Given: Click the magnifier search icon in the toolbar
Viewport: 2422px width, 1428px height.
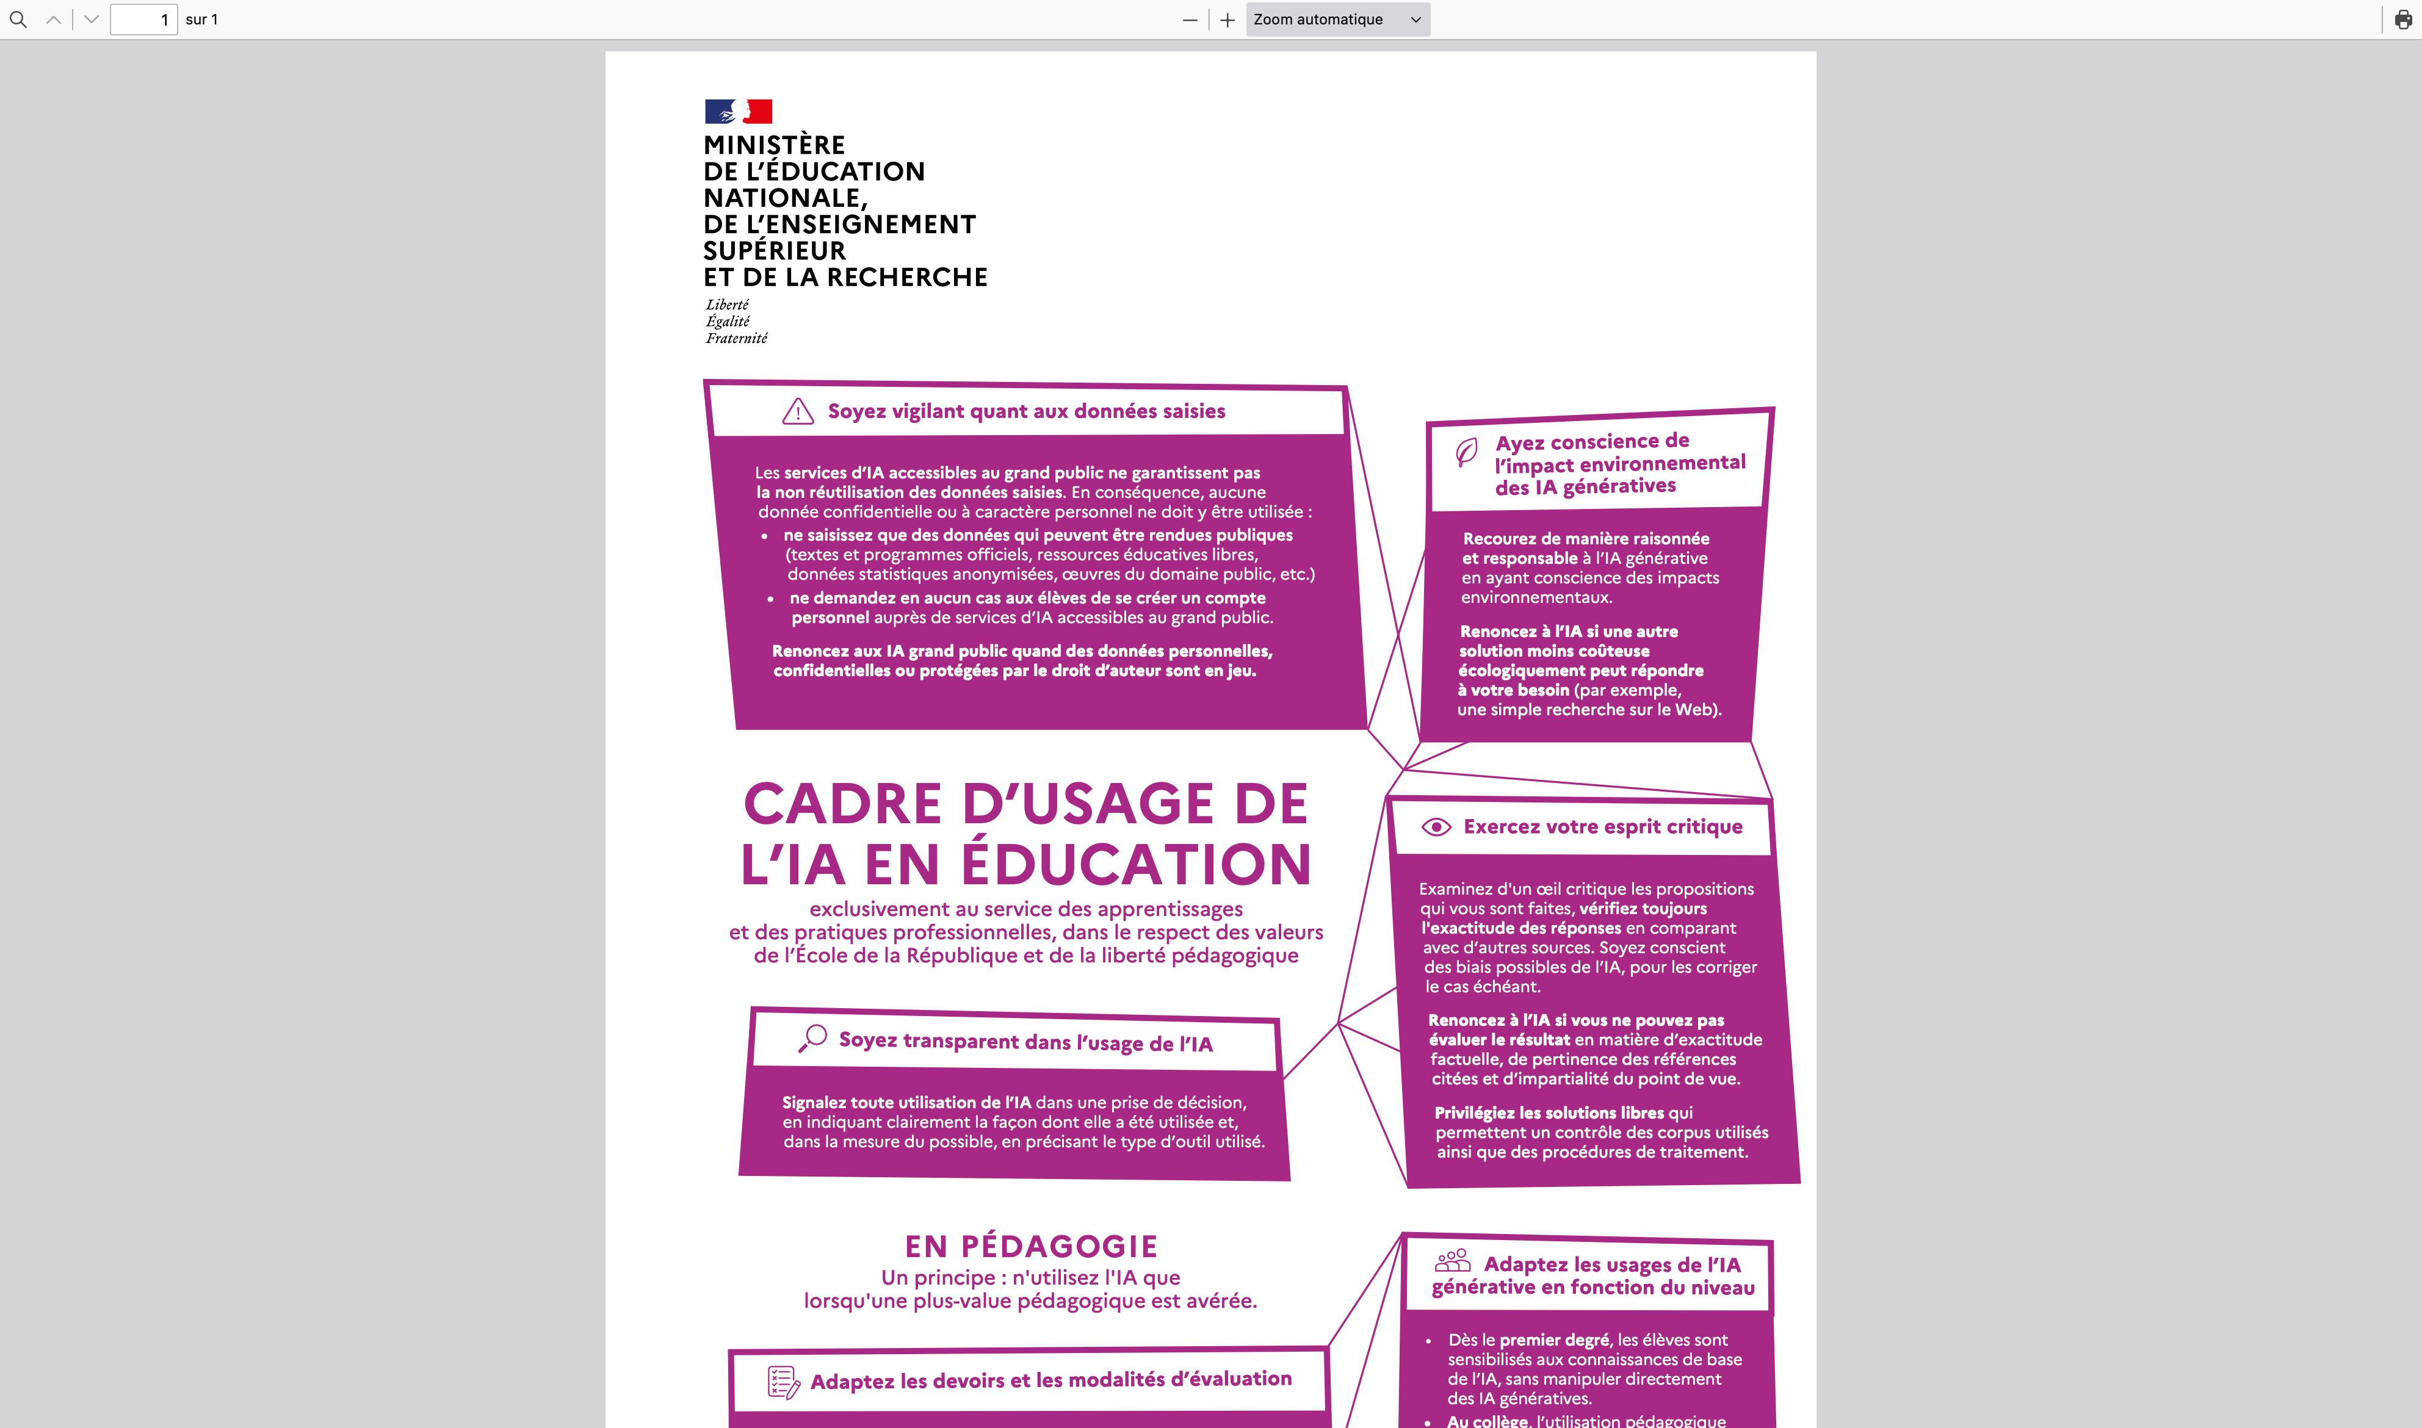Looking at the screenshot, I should tap(17, 20).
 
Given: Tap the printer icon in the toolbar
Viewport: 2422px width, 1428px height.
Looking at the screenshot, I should tap(2402, 20).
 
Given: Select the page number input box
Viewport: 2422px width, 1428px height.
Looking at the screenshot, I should tap(143, 20).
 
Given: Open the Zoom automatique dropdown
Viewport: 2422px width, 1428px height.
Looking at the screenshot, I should tap(1337, 20).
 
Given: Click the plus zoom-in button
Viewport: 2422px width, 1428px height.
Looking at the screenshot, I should tap(1227, 20).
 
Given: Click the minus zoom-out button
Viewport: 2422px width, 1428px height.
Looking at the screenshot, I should tap(1190, 20).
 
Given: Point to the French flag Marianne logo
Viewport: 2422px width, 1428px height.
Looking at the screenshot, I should tap(738, 112).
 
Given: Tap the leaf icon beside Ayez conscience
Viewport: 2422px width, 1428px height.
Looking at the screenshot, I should tap(1467, 452).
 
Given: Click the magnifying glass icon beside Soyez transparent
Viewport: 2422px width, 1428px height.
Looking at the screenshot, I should tap(813, 1038).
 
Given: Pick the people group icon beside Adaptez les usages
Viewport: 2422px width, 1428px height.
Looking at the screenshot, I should tap(1452, 1261).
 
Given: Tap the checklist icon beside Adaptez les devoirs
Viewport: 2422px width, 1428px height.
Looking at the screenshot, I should tap(783, 1382).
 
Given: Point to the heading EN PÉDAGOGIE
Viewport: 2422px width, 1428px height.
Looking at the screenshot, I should tap(1030, 1246).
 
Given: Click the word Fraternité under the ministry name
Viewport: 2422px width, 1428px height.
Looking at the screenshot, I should tap(736, 339).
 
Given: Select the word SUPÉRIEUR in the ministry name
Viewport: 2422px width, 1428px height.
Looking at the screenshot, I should tap(775, 251).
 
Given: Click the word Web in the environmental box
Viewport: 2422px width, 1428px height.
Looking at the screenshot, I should tap(1694, 709).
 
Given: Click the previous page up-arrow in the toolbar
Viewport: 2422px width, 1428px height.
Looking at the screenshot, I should tap(54, 20).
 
